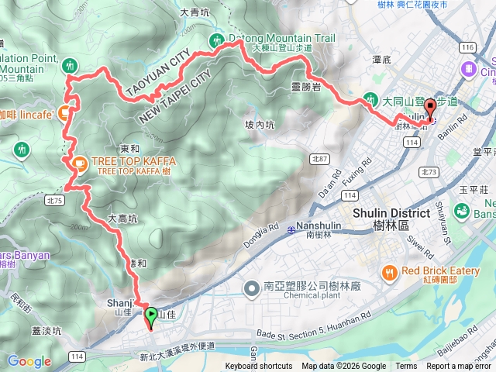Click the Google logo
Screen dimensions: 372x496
click(29, 361)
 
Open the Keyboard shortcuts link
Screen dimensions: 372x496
click(259, 367)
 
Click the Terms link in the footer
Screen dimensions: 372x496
click(406, 367)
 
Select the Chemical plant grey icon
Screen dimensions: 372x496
click(250, 289)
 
